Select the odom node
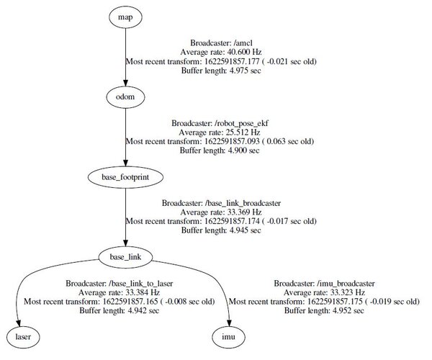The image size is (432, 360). (127, 95)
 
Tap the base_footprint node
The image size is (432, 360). (127, 175)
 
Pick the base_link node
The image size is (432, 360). (127, 256)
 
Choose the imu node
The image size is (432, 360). (228, 336)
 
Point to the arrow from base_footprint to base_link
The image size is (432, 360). (127, 215)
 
